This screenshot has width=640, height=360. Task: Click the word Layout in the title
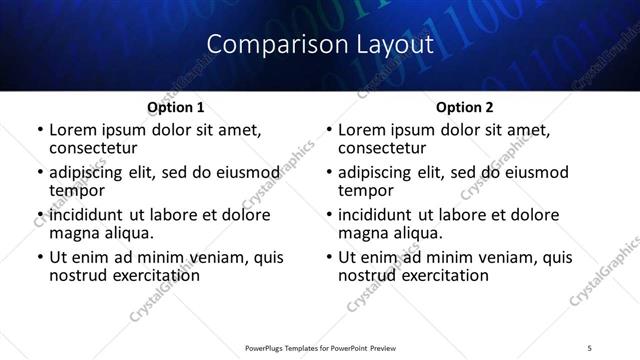click(392, 45)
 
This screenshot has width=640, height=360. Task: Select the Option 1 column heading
click(176, 107)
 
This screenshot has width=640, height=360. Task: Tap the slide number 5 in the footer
click(588, 348)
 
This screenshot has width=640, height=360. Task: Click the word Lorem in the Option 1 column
click(73, 130)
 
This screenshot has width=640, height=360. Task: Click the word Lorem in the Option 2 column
click(362, 130)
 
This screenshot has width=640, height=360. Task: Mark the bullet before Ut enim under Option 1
click(39, 258)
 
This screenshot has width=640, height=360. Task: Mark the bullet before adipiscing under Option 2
click(329, 173)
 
